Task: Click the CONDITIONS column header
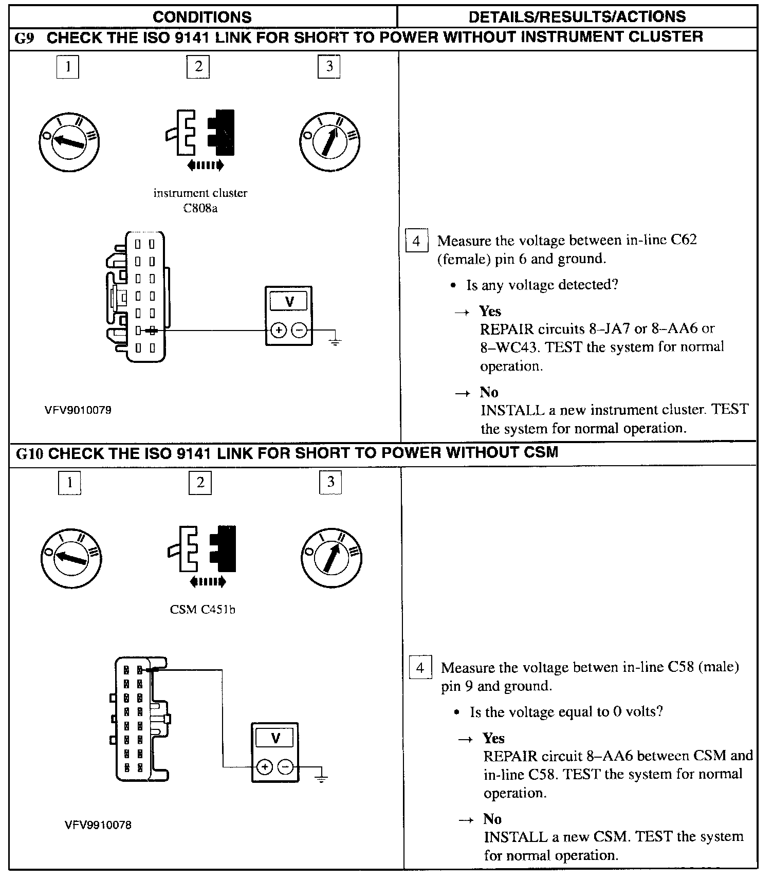(202, 17)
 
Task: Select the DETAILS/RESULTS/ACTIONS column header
(577, 16)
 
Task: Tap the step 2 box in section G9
(198, 66)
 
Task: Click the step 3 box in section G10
(330, 482)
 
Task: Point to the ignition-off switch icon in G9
(69, 141)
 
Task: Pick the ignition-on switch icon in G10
(332, 558)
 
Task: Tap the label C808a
(200, 209)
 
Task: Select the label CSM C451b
(203, 610)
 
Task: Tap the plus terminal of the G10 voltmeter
(264, 767)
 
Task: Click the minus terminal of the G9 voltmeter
(299, 331)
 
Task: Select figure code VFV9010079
(78, 410)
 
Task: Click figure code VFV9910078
(98, 825)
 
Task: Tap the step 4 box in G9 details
(416, 241)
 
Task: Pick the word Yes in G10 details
(493, 738)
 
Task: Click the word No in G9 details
(489, 392)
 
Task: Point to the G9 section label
(25, 38)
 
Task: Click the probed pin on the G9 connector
(152, 331)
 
